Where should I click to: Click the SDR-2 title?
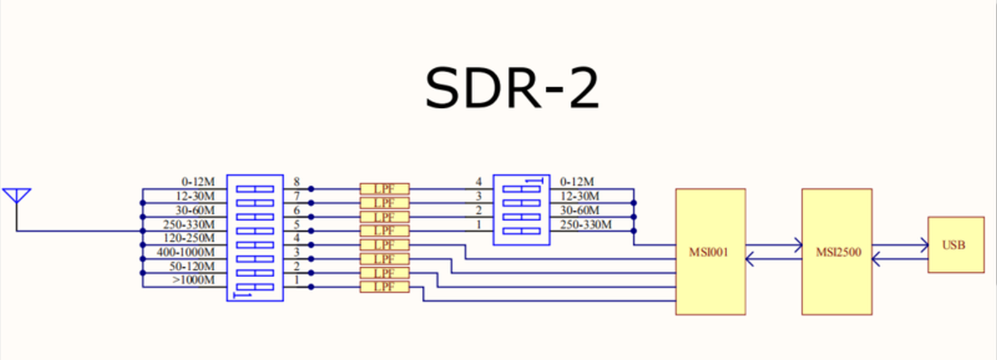pyautogui.click(x=512, y=88)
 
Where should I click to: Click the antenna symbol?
pyautogui.click(x=17, y=197)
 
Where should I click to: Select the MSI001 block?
pyautogui.click(x=710, y=252)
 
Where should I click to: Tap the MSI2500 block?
pyautogui.click(x=837, y=252)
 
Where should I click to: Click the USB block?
pyautogui.click(x=955, y=245)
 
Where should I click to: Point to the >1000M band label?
pyautogui.click(x=193, y=280)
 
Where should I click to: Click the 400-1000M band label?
pyautogui.click(x=186, y=252)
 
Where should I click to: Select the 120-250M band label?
pyautogui.click(x=189, y=238)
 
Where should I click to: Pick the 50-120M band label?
pyautogui.click(x=192, y=267)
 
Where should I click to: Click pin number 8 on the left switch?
pyautogui.click(x=297, y=182)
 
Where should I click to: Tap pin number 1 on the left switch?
pyautogui.click(x=297, y=280)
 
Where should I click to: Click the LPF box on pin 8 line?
pyautogui.click(x=384, y=189)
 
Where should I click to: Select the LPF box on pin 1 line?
pyautogui.click(x=384, y=287)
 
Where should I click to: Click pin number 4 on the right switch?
pyautogui.click(x=479, y=182)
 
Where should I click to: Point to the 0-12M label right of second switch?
pyautogui.click(x=576, y=182)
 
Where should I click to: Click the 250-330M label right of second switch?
pyautogui.click(x=586, y=224)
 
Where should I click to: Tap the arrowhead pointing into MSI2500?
pyautogui.click(x=798, y=245)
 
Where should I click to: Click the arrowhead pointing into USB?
pyautogui.click(x=923, y=245)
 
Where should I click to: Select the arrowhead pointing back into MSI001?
pyautogui.click(x=750, y=258)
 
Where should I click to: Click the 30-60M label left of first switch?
pyautogui.click(x=195, y=211)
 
